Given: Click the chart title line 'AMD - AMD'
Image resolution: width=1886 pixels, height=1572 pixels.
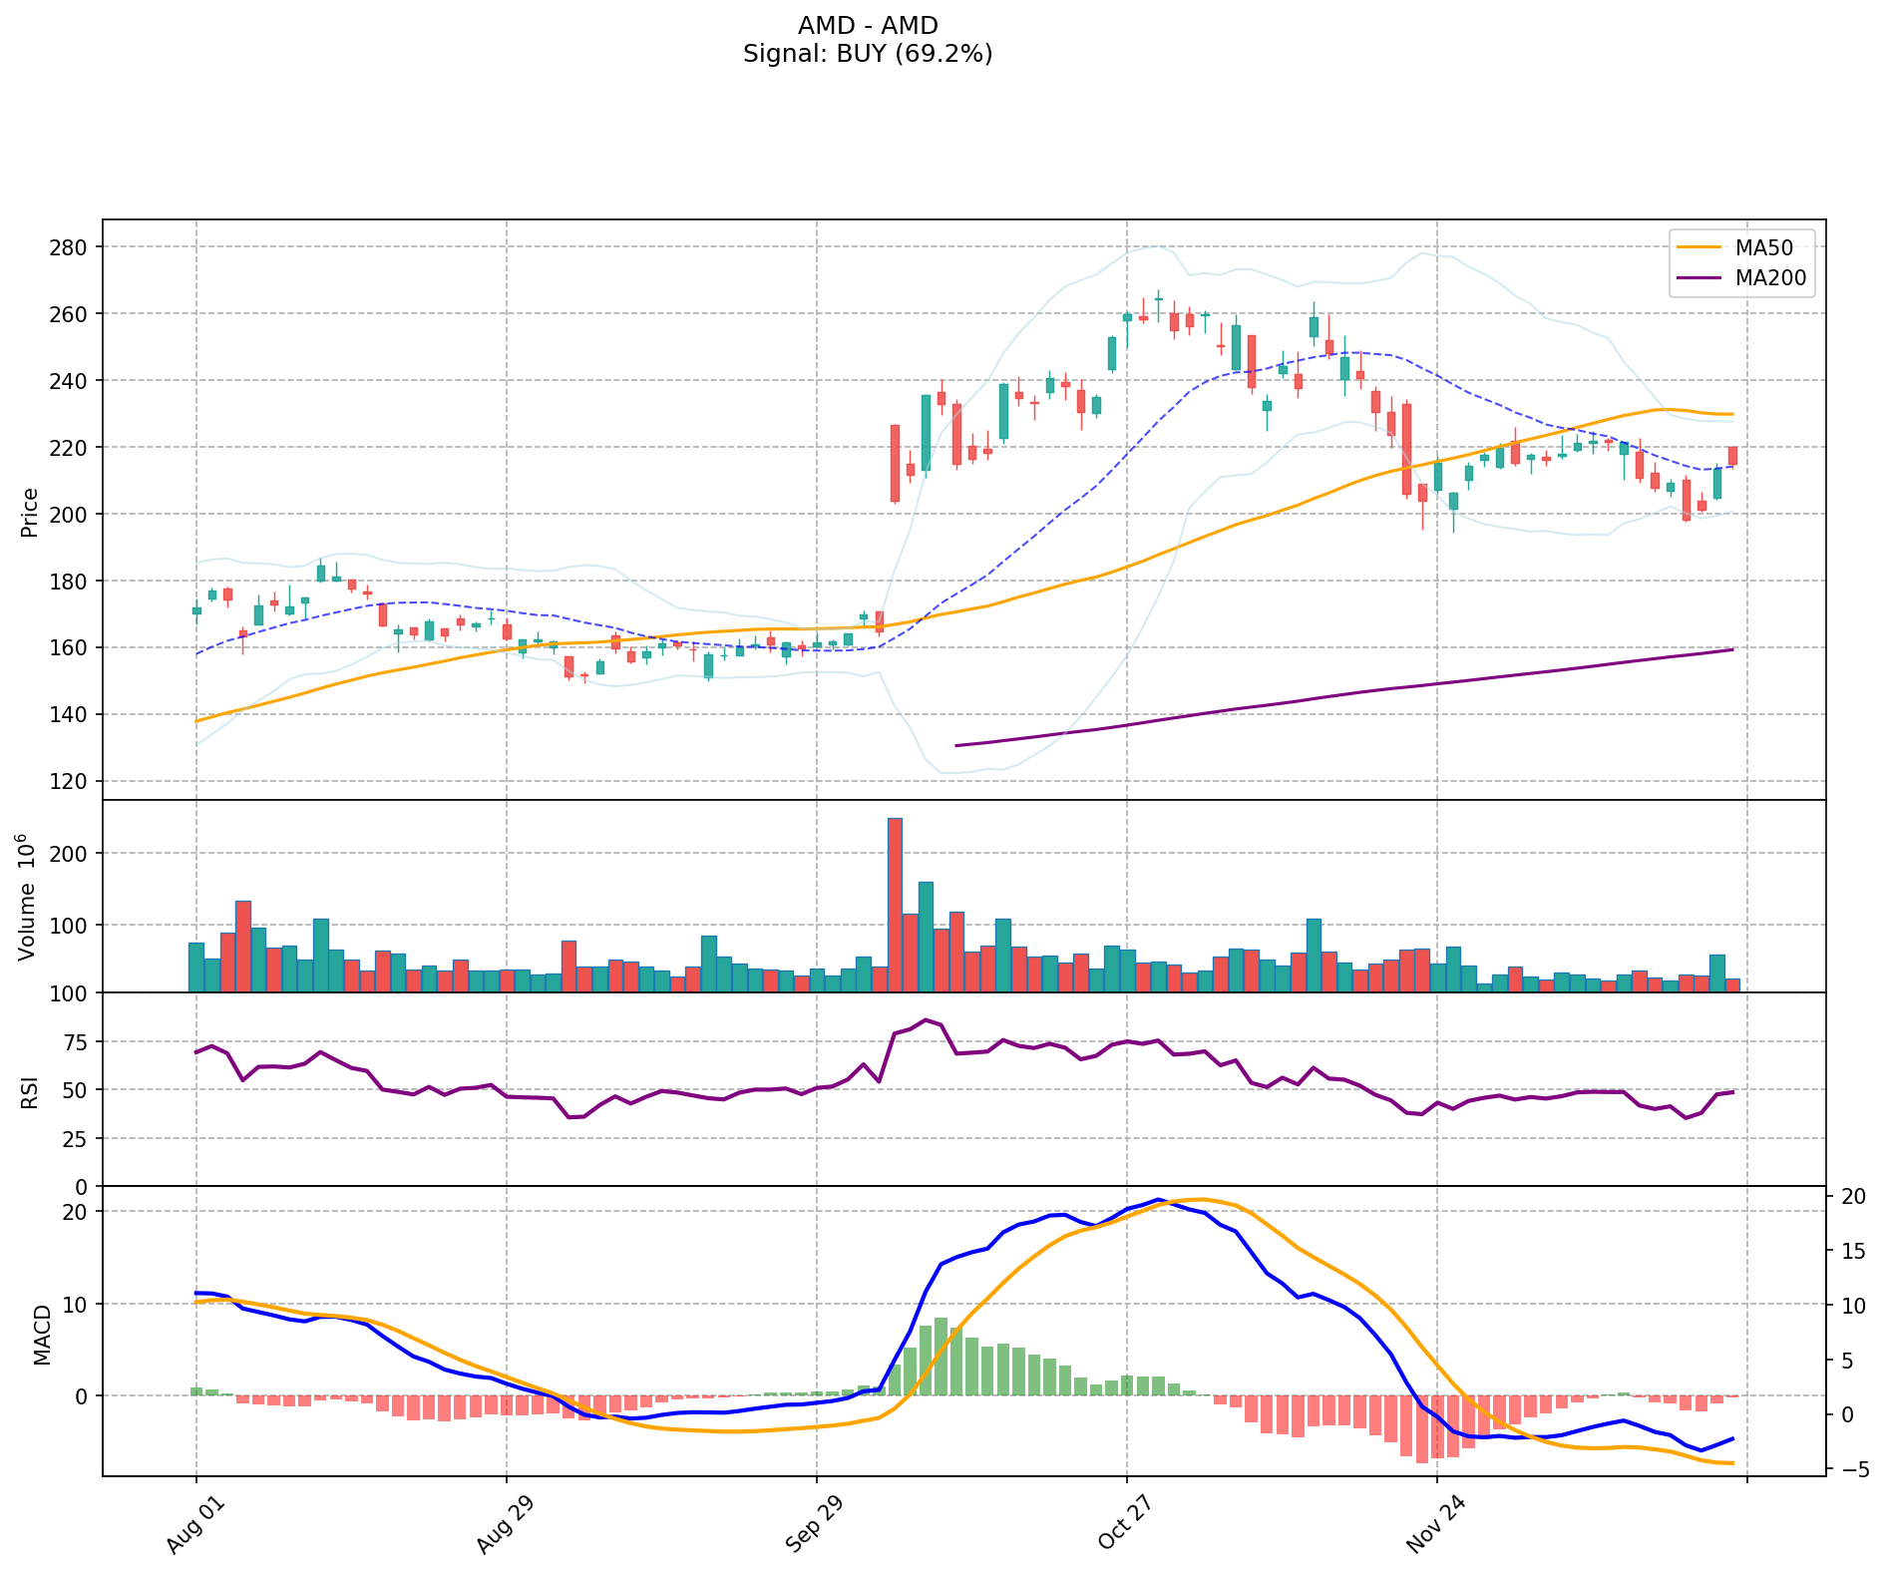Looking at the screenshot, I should coord(868,26).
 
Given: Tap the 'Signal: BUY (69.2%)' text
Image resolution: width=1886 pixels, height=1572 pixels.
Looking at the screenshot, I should coord(868,54).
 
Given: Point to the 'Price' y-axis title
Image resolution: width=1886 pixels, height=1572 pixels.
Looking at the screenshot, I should coord(30,512).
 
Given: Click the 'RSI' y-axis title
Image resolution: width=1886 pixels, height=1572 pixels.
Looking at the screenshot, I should coord(30,1091).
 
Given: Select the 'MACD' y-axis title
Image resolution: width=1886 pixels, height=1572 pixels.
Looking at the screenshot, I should coord(42,1334).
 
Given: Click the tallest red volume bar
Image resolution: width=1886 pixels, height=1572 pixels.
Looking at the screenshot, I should coord(895,905).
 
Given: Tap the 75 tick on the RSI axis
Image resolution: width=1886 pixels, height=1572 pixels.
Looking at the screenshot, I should coord(78,1042).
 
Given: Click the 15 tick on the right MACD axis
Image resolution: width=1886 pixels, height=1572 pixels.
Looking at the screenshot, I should coord(1852,1252).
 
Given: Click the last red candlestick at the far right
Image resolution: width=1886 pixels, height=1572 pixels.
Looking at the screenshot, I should coord(1732,456).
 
